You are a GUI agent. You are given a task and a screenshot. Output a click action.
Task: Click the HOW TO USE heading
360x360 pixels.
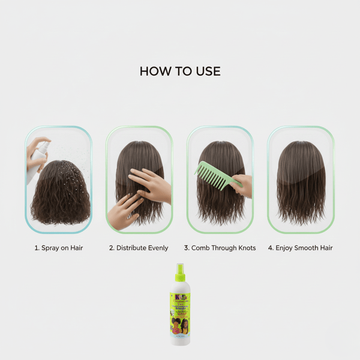pyautogui.click(x=180, y=71)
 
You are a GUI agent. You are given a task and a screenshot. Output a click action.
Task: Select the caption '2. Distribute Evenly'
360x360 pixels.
pyautogui.click(x=139, y=248)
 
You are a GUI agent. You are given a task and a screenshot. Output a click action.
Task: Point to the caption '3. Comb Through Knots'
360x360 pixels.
pyautogui.click(x=220, y=248)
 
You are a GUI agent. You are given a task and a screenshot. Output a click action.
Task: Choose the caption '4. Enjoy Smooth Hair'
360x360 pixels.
pyautogui.click(x=301, y=248)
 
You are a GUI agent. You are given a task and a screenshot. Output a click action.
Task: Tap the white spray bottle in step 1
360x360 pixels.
pyautogui.click(x=37, y=160)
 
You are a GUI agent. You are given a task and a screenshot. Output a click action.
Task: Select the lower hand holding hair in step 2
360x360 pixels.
pyautogui.click(x=123, y=211)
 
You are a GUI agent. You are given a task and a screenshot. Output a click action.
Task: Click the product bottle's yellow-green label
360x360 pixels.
pyautogui.click(x=180, y=312)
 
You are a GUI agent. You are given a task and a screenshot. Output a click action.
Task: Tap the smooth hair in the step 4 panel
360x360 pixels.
pyautogui.click(x=301, y=180)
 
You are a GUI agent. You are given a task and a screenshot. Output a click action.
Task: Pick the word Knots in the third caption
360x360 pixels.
pyautogui.click(x=246, y=248)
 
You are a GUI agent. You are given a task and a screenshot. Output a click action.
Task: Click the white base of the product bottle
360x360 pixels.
pyautogui.click(x=180, y=339)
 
